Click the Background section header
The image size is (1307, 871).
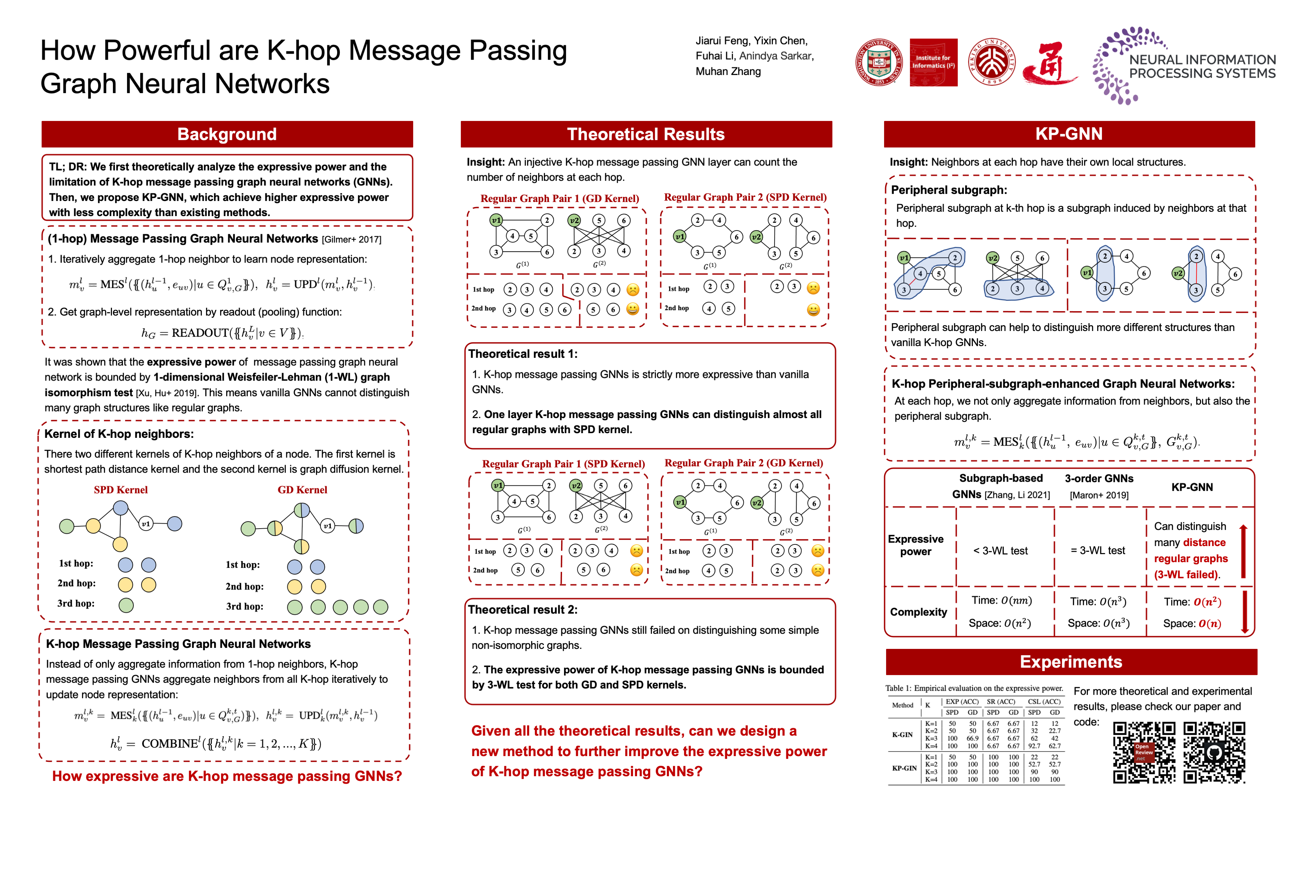(227, 134)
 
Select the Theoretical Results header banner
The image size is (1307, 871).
(646, 134)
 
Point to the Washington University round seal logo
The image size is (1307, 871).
(879, 62)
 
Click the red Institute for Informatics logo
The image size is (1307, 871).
(933, 62)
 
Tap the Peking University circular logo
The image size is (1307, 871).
(992, 62)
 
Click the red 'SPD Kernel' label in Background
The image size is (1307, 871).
(121, 490)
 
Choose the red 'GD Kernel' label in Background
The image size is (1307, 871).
(302, 490)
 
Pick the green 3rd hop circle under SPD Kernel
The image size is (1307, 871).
(126, 605)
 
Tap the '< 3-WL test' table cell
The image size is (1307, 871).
(1000, 550)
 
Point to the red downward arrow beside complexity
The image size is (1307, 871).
(1245, 612)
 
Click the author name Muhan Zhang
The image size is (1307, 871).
(728, 71)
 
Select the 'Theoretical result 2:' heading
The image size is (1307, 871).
(522, 609)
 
